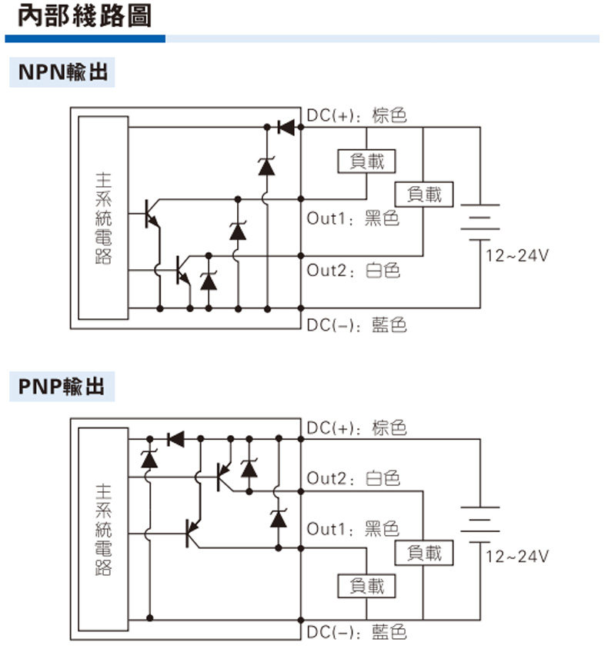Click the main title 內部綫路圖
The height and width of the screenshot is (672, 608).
(x=85, y=16)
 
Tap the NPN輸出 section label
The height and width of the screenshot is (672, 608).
(x=62, y=72)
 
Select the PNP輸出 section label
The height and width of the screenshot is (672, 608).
(x=62, y=386)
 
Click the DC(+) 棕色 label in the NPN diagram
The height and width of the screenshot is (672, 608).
(x=356, y=115)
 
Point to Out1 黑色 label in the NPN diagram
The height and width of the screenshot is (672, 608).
(x=352, y=218)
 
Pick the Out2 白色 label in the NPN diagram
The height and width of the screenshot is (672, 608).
(x=353, y=271)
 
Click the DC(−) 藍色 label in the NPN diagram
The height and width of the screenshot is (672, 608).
(x=356, y=325)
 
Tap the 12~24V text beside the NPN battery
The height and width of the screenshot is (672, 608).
(x=517, y=255)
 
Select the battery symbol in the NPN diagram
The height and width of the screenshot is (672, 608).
(x=480, y=222)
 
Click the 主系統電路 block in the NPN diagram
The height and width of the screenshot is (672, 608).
(x=103, y=218)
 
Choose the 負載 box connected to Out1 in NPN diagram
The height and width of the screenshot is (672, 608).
(x=366, y=161)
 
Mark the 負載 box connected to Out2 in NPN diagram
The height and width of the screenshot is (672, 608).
(x=424, y=195)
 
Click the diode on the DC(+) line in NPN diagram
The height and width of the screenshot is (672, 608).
(x=286, y=128)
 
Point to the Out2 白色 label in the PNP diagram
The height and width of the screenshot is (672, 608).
(x=353, y=478)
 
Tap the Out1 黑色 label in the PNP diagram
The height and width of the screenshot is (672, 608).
(x=352, y=529)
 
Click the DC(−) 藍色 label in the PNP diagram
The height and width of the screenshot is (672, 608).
(x=356, y=632)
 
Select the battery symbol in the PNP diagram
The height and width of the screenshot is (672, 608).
(x=480, y=525)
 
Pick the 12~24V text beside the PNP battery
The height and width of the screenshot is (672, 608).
(x=517, y=557)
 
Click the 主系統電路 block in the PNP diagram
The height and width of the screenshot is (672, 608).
(x=103, y=529)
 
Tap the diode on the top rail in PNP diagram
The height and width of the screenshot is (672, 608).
(x=176, y=439)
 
